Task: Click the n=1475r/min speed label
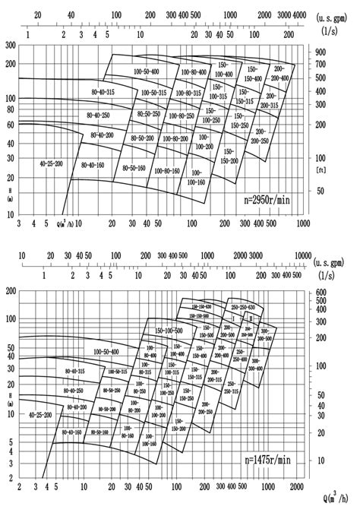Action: pos(269,461)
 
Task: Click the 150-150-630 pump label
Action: pos(199,308)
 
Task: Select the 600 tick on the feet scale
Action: pos(321,292)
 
